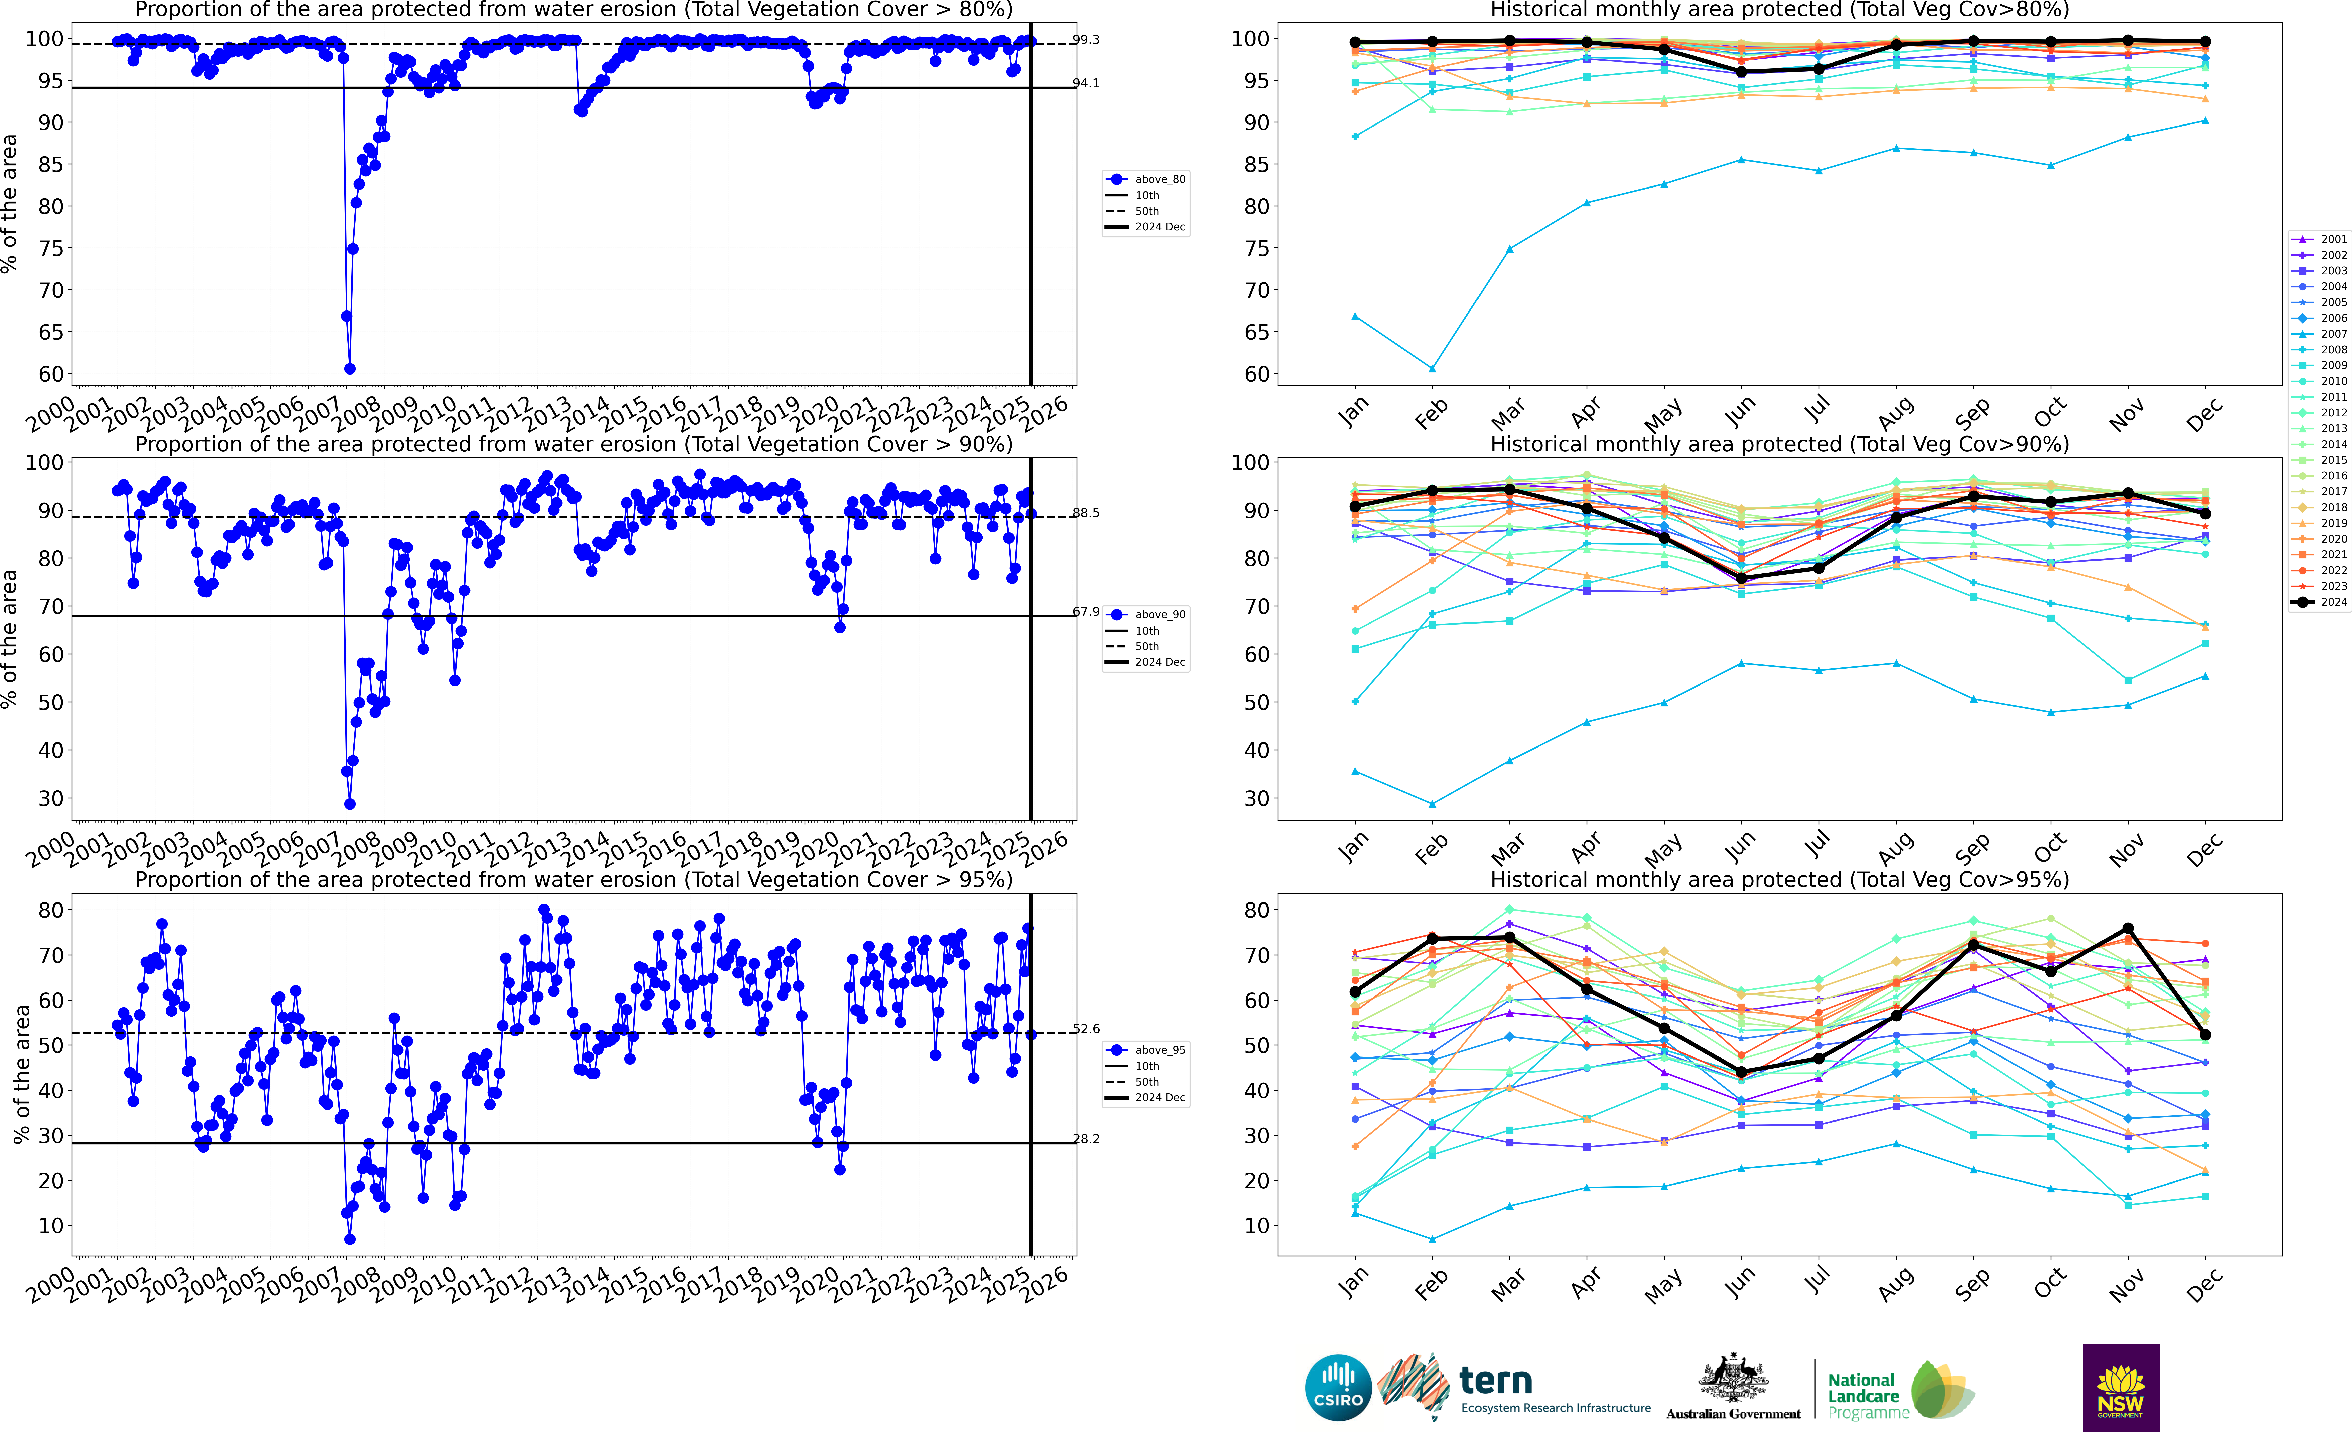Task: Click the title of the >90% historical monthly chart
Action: coord(1779,444)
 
